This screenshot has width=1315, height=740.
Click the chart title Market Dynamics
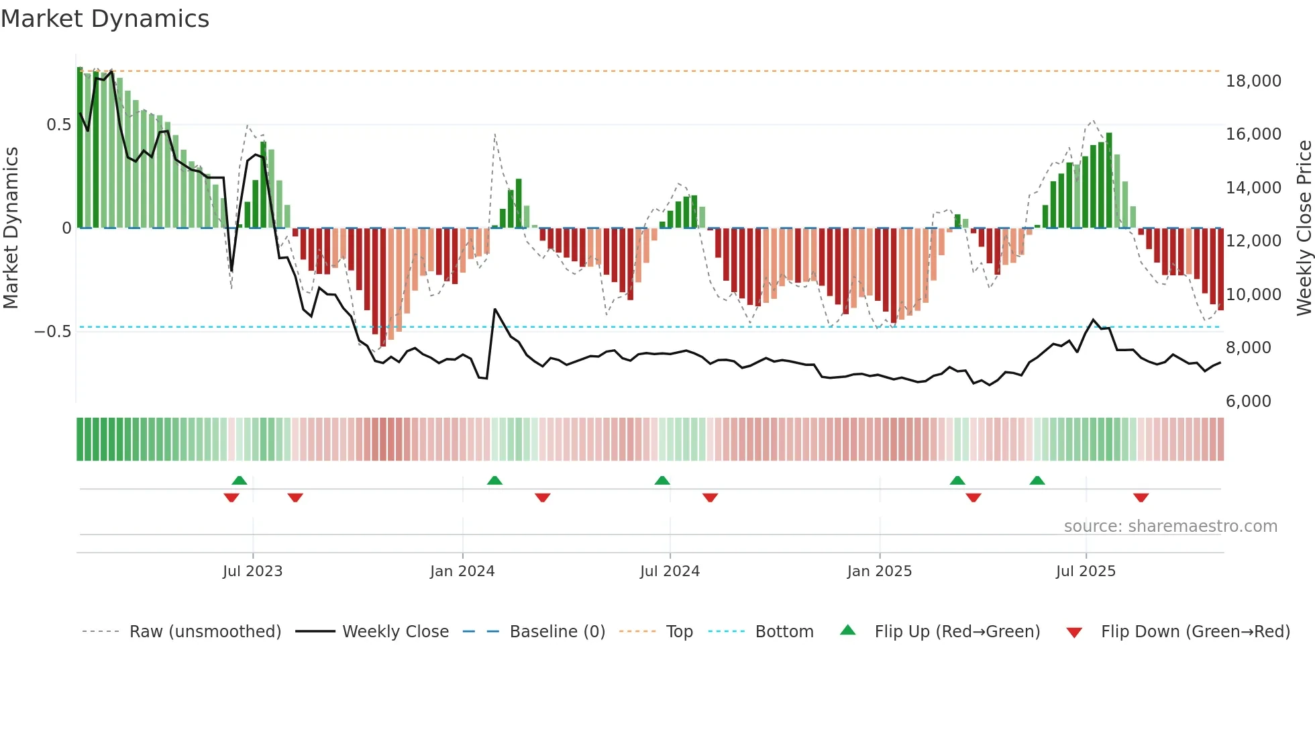(x=105, y=19)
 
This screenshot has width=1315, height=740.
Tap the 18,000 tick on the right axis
(x=1253, y=81)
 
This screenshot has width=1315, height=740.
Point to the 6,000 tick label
(x=1248, y=402)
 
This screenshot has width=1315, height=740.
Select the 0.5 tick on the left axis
(x=58, y=125)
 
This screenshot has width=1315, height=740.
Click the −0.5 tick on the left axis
(x=53, y=332)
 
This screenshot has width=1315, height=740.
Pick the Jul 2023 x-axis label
(x=252, y=571)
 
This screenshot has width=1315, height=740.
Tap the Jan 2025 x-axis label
(x=879, y=571)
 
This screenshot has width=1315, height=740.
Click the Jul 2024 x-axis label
(x=670, y=571)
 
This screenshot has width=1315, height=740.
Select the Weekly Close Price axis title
(x=1304, y=228)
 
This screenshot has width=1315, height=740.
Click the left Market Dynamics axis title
(x=11, y=228)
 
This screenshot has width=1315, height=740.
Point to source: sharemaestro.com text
(x=1170, y=526)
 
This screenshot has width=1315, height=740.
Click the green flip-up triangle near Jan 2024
(x=494, y=480)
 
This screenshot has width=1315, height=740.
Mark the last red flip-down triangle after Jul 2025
(x=1141, y=498)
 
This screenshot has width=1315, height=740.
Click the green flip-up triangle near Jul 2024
(x=662, y=480)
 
